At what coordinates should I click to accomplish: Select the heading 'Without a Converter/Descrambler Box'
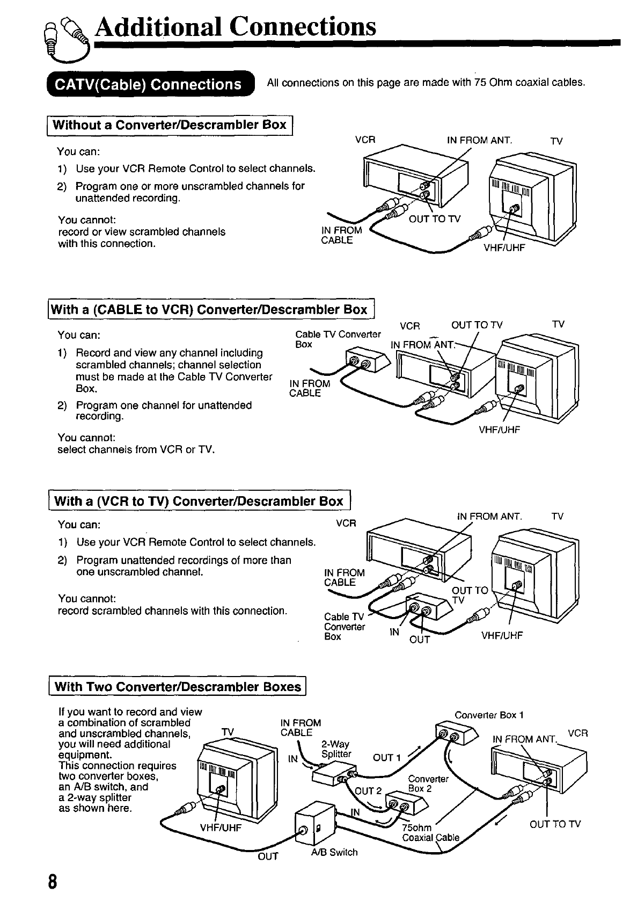pos(170,125)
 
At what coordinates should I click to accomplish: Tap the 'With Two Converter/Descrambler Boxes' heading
pos(178,687)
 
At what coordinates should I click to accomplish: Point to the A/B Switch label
pos(334,852)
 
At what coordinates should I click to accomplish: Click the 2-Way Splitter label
pos(335,749)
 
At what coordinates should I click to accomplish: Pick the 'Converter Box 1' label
pos(488,715)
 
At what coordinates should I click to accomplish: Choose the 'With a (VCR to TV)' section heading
pos(199,502)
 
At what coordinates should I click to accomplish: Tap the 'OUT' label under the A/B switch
pos(268,856)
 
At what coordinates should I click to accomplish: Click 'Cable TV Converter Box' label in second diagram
pos(338,339)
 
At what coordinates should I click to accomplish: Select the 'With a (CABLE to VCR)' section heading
pos(211,310)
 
